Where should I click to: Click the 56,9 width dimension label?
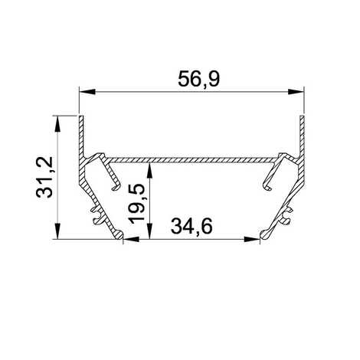[198, 79]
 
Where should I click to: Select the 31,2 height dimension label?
[44, 177]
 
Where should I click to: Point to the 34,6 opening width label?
[191, 226]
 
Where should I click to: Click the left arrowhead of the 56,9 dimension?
[87, 92]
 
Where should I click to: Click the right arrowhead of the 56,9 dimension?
[296, 92]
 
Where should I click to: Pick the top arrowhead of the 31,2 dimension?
[58, 124]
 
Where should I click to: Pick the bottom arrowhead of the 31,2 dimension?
[58, 231]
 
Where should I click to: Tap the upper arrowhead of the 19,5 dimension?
[150, 172]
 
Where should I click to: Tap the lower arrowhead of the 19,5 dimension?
[150, 231]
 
